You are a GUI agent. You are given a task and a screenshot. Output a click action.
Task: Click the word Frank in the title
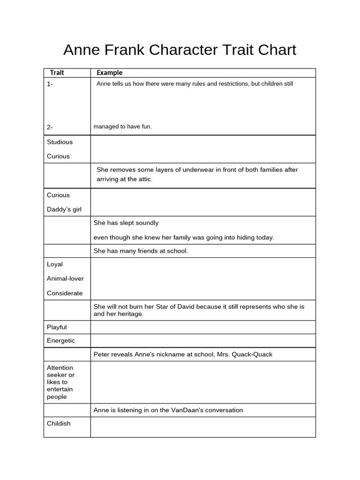[x=123, y=50]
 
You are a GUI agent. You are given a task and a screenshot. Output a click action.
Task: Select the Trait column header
[x=57, y=73]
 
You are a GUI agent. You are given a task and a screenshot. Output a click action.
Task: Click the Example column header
[x=110, y=73]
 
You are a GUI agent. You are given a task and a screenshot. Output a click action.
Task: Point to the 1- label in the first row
[x=50, y=84]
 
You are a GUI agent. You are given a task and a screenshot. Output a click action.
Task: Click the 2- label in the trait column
[x=50, y=127]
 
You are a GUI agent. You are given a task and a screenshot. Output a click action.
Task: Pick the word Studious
[x=60, y=142]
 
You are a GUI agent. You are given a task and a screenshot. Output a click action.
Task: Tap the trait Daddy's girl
[x=64, y=210]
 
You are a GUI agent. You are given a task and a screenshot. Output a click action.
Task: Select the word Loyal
[x=55, y=264]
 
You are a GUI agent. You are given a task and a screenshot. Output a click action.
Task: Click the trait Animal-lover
[x=65, y=278]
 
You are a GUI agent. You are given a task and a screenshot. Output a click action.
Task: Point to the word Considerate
[x=65, y=293]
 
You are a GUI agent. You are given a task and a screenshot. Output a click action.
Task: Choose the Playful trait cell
[x=57, y=327]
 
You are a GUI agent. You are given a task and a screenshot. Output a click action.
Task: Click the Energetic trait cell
[x=61, y=341]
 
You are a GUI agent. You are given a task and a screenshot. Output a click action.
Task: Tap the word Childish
[x=59, y=424]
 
